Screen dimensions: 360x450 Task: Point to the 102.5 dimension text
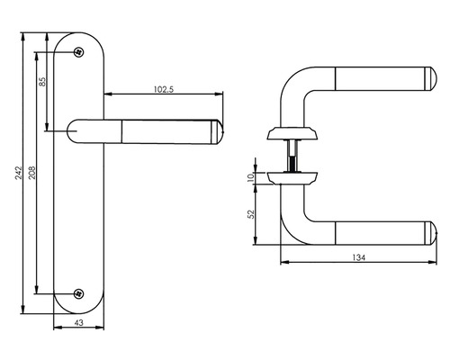(x=163, y=88)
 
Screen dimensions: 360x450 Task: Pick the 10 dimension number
(x=252, y=176)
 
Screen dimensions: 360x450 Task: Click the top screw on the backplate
(x=78, y=51)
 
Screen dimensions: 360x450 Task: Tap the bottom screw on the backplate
(x=78, y=292)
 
